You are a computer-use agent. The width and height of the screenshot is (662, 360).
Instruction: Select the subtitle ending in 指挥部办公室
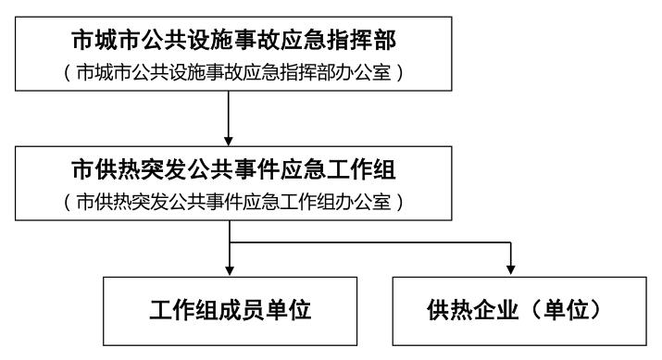pyautogui.click(x=229, y=74)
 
